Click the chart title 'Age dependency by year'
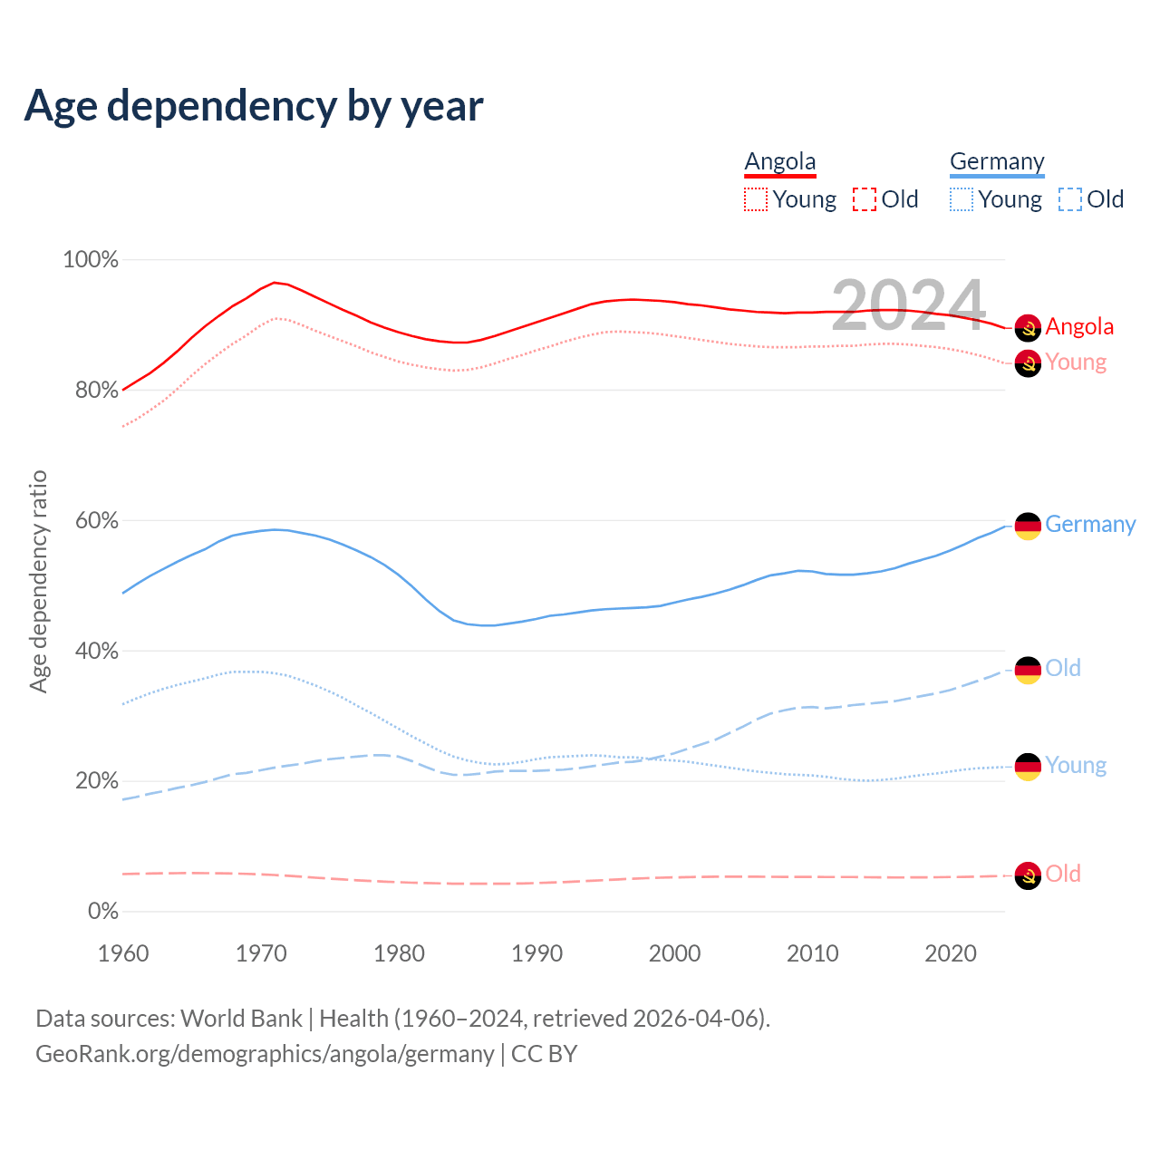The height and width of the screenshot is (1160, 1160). tap(254, 105)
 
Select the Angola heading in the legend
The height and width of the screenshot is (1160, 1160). tap(780, 161)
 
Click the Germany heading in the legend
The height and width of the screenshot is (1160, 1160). tap(997, 161)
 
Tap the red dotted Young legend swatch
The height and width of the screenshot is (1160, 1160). tap(756, 199)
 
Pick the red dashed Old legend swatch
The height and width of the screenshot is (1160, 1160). tap(865, 199)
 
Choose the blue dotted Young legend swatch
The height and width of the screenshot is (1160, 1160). tap(962, 199)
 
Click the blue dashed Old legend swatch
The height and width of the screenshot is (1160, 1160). tap(1070, 199)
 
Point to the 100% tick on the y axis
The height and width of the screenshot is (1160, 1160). tap(91, 260)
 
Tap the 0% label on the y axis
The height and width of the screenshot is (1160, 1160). tap(103, 911)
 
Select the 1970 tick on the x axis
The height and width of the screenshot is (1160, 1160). tap(261, 953)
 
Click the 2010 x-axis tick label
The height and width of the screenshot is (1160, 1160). tap(813, 953)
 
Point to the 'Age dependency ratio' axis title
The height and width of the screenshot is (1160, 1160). tap(38, 581)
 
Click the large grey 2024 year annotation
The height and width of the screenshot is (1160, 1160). tap(908, 305)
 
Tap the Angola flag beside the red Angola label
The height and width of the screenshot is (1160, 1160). tap(1028, 327)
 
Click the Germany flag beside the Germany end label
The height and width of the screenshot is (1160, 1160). tap(1028, 526)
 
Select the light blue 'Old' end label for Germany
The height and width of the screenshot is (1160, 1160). tap(1063, 668)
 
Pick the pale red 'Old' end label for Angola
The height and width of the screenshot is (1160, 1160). tap(1063, 874)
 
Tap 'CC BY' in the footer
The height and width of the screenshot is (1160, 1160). tap(544, 1054)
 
